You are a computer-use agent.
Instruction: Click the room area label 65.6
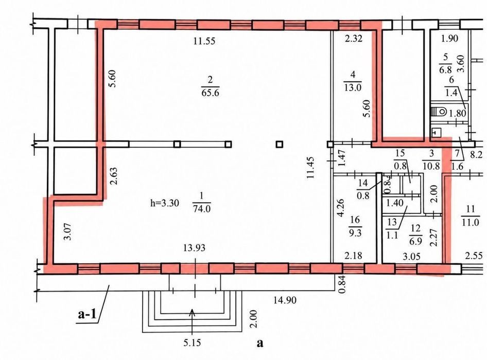point(210,93)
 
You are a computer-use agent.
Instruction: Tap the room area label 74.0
point(202,208)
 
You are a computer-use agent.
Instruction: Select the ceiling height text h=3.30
point(165,203)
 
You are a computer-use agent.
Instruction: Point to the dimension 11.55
point(204,41)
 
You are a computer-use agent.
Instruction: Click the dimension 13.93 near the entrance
point(194,248)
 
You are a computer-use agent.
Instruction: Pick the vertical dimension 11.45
point(310,168)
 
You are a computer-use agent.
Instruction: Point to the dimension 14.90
point(285,300)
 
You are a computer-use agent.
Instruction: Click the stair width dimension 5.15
point(192,343)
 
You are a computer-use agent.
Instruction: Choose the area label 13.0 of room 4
point(353,87)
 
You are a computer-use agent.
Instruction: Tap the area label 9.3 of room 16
point(355,233)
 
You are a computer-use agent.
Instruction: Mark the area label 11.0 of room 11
point(470,222)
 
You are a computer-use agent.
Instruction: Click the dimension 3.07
point(68,231)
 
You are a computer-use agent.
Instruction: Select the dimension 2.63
point(114,176)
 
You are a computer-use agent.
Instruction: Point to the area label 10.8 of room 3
point(431,166)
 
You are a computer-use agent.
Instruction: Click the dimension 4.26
point(341,208)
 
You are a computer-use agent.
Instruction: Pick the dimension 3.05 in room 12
point(411,256)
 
